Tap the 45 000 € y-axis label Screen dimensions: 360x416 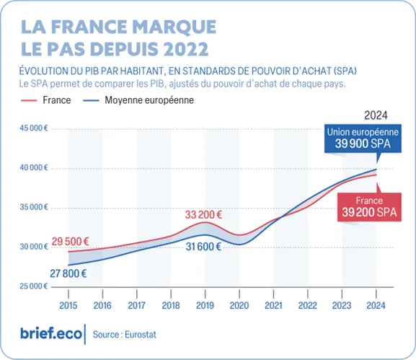coord(32,128)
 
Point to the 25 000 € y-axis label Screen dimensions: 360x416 coord(32,286)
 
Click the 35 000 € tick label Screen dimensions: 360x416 coord(32,207)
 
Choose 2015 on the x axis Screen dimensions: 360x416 coord(68,305)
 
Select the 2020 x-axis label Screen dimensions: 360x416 coord(239,305)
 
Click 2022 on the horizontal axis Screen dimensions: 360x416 coord(308,305)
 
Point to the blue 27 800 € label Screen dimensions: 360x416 coord(68,273)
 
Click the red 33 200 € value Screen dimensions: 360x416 coord(203,214)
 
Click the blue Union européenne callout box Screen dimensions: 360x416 coord(362,138)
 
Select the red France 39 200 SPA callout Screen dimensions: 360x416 coord(368,206)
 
